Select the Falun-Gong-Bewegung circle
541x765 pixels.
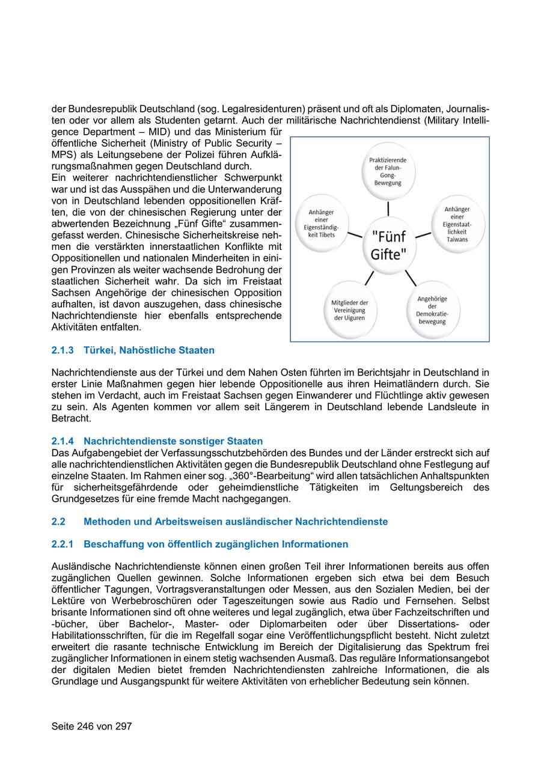[388, 171]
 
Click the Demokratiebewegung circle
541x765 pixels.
[432, 309]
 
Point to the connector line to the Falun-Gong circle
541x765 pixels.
[388, 208]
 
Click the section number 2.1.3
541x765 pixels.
[63, 350]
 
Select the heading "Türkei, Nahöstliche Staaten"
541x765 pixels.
[148, 350]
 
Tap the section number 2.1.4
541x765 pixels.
[63, 441]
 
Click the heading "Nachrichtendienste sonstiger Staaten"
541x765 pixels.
[173, 441]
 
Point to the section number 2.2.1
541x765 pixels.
[63, 544]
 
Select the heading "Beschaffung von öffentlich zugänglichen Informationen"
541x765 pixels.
[216, 544]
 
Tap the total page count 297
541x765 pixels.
[123, 726]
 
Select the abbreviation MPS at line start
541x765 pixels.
[63, 154]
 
